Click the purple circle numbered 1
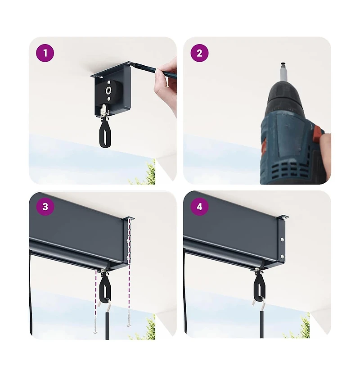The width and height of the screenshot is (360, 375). coord(45,53)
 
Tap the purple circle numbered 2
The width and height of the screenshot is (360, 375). coord(199,53)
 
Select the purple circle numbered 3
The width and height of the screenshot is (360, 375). coord(45,207)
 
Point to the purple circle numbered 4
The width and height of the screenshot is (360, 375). coord(199,207)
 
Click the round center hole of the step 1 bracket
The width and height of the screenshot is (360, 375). coord(109,90)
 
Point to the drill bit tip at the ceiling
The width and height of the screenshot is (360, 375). coord(283,63)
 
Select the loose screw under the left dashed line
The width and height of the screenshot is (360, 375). coord(95,325)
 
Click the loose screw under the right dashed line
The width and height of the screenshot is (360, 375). coord(129,318)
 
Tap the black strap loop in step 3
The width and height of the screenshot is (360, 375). coord(105,289)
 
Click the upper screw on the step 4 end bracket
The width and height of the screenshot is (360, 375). coord(282,239)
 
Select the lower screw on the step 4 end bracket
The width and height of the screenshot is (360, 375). coord(282,257)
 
